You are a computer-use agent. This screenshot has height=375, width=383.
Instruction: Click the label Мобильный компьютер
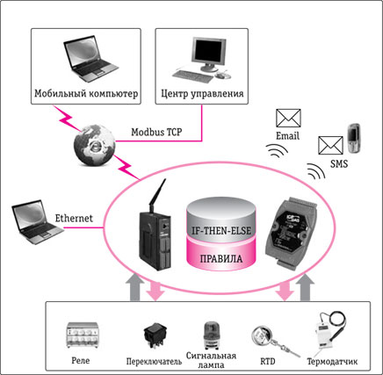(86, 93)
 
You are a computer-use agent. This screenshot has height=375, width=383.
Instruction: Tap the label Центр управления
(202, 93)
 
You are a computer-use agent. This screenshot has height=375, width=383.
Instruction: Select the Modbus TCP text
(156, 132)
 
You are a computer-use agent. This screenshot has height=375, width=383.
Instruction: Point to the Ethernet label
(74, 218)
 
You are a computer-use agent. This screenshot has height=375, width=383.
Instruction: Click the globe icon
(94, 145)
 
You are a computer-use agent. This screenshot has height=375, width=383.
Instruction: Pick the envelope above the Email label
(288, 118)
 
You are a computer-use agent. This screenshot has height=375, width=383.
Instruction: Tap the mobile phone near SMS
(353, 138)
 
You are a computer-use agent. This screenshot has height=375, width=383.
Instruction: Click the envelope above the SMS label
(330, 146)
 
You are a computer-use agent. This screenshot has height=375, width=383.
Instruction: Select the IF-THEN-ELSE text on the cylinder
(221, 230)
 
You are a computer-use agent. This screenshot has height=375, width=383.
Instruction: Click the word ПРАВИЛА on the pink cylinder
(221, 259)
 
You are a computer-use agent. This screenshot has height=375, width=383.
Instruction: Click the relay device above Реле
(83, 335)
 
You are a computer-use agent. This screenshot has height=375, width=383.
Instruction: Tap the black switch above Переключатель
(155, 335)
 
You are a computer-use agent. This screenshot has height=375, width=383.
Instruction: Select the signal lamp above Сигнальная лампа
(211, 335)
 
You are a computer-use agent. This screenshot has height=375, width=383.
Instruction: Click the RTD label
(268, 361)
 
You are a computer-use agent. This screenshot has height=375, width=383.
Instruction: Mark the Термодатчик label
(332, 362)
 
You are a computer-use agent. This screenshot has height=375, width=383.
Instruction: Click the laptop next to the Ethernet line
(37, 222)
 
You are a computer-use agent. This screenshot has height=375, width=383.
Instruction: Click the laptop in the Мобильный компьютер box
(90, 59)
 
